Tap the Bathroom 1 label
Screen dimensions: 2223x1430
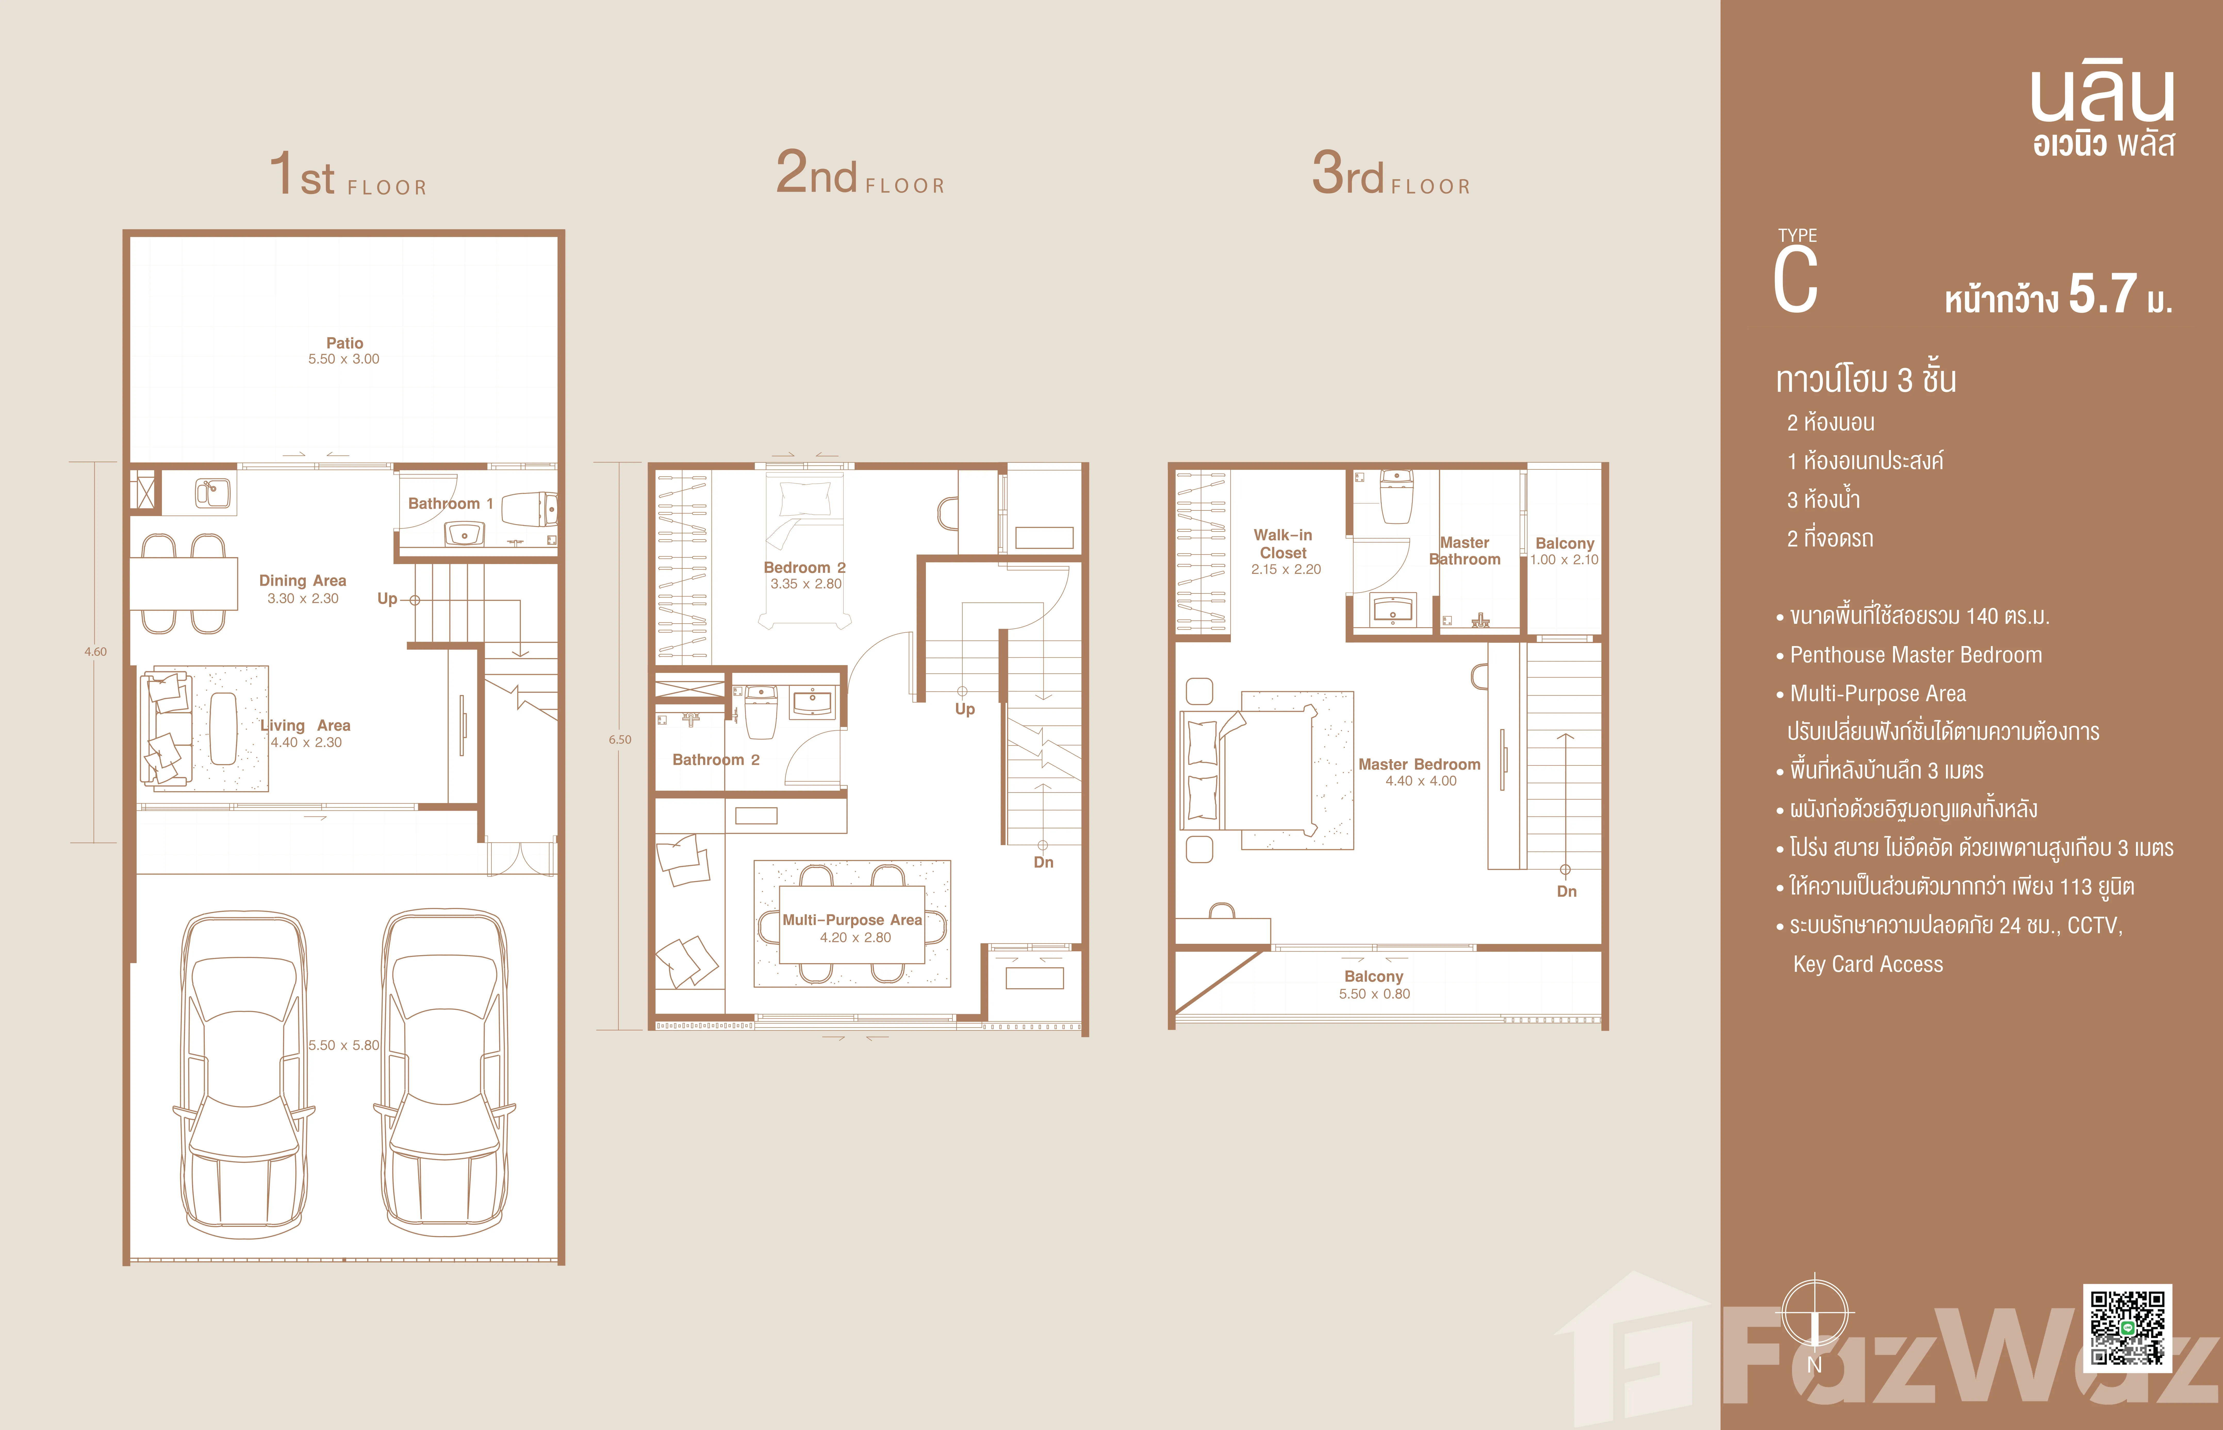[450, 503]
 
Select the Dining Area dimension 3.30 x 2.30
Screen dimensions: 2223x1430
[303, 598]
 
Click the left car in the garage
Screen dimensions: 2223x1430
[244, 1074]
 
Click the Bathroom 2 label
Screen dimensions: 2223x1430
[716, 759]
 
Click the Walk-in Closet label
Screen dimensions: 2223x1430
[1283, 543]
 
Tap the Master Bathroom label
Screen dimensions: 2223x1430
[1464, 551]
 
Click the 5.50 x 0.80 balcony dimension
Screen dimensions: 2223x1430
[1374, 994]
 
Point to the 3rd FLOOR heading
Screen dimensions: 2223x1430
[1391, 174]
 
